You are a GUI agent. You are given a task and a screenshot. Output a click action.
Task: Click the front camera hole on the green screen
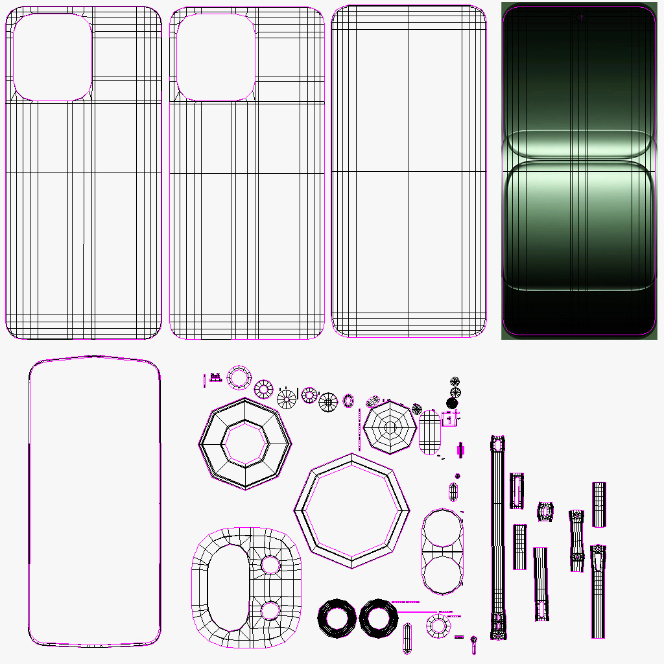(x=578, y=17)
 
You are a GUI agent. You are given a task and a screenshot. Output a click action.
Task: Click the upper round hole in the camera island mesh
(x=270, y=565)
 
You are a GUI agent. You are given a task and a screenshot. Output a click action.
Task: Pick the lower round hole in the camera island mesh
(x=270, y=610)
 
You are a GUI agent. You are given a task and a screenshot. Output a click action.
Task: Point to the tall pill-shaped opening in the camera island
(x=227, y=587)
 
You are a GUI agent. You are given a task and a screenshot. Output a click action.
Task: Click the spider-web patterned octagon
(x=390, y=427)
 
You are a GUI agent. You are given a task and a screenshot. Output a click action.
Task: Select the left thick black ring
(x=337, y=618)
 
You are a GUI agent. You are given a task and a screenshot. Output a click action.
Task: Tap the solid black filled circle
(x=453, y=403)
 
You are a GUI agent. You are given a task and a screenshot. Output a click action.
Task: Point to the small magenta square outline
(x=450, y=419)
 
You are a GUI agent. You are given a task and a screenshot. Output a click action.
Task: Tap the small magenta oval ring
(x=348, y=401)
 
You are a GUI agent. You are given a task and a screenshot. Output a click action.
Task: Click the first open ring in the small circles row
(x=239, y=377)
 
